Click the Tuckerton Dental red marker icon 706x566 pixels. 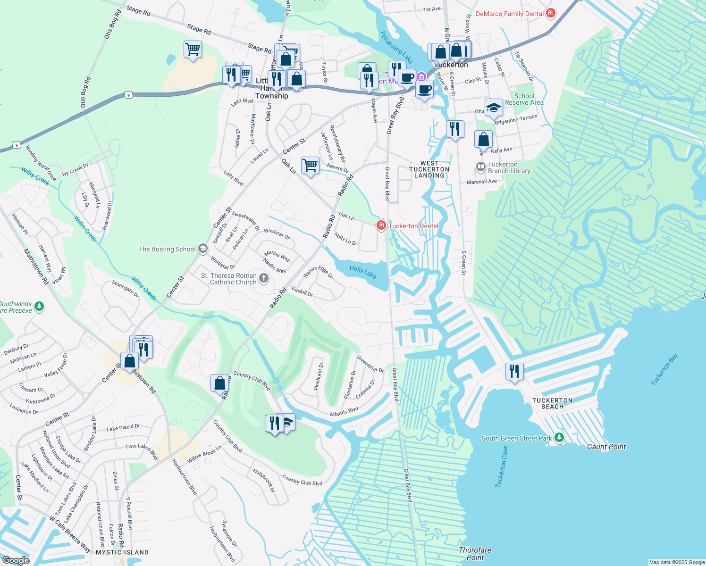pos(381,225)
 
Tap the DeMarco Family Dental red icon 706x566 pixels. pos(550,13)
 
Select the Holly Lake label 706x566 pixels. pos(363,272)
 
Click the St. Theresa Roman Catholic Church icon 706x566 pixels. pos(264,278)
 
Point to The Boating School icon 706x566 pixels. pos(203,249)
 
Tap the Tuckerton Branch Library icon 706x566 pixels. pos(480,167)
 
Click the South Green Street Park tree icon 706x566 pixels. pos(559,438)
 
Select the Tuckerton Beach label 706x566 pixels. pos(552,403)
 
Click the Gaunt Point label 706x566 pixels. pos(606,447)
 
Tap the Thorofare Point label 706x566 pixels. pos(475,553)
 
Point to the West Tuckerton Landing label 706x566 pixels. pos(429,169)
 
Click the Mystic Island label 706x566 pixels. pos(122,552)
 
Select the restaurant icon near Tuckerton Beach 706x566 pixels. pos(514,372)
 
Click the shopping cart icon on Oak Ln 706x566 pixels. pos(310,166)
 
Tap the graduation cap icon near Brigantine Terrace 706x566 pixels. pos(494,108)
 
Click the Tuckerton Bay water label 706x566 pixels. pos(664,369)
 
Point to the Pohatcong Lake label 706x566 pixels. pos(396,47)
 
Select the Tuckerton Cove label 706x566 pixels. pos(502,466)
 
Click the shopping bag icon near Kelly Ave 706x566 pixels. pos(483,140)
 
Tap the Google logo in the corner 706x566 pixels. pos(16,560)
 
